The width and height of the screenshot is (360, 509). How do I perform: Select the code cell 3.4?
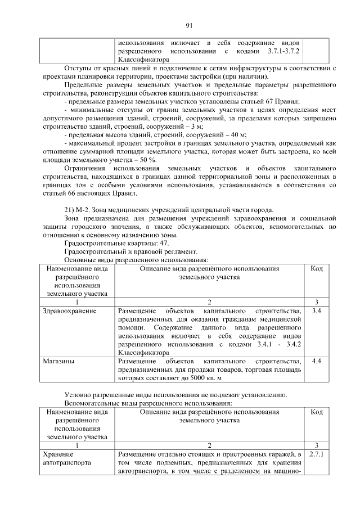pos(316,310)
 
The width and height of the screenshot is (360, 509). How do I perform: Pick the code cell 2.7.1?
pos(316,453)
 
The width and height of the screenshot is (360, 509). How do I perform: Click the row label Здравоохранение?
pos(69,310)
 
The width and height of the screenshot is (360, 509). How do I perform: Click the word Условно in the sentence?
pos(79,394)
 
